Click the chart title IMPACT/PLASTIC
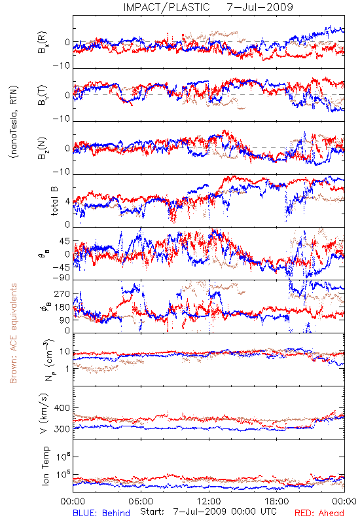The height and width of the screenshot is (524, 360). [166, 7]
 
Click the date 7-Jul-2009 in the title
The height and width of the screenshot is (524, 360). [260, 7]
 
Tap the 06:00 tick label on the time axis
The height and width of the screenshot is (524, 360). [141, 501]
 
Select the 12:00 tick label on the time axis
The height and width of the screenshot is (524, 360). [209, 501]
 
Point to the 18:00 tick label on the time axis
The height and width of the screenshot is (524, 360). [277, 501]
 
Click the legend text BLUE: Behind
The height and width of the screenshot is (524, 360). [101, 513]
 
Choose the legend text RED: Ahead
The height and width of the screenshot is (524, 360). [319, 513]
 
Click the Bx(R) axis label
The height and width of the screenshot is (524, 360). [43, 43]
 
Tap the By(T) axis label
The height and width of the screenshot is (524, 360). [43, 95]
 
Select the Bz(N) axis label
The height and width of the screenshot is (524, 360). [43, 148]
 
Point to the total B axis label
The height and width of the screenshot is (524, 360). [54, 201]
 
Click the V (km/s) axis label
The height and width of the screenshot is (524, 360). [43, 413]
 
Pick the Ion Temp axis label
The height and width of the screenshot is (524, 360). [45, 466]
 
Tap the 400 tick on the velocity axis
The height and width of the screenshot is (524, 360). [62, 407]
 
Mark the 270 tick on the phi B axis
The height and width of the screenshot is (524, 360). [63, 293]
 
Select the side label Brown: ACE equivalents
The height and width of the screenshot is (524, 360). [12, 333]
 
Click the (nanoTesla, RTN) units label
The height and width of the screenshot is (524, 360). [14, 121]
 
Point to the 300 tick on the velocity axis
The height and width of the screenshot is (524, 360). [62, 429]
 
